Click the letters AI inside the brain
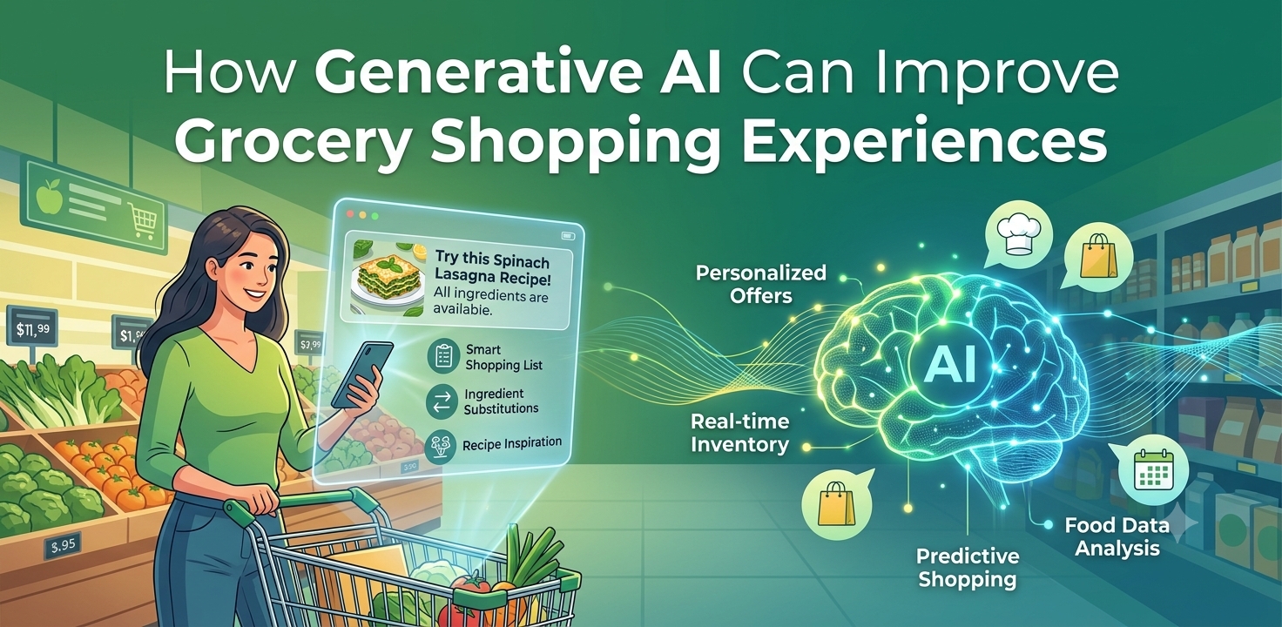click(x=949, y=364)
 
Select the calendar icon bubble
click(x=1152, y=469)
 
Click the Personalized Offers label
click(x=760, y=284)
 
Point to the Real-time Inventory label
click(x=739, y=433)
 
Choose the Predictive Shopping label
click(x=968, y=567)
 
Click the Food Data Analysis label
click(x=1117, y=536)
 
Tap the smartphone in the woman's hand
click(x=361, y=374)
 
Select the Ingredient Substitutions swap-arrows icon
click(x=442, y=401)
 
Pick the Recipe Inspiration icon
click(x=441, y=446)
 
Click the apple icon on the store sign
click(x=48, y=195)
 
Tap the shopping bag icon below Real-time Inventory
click(x=836, y=502)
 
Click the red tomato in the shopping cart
click(x=473, y=590)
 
